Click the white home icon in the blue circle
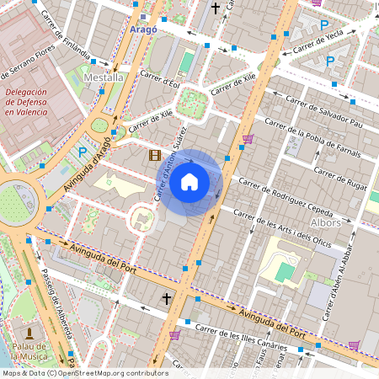pos(189,181)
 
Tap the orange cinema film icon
pos(154,154)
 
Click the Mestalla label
pos(104,77)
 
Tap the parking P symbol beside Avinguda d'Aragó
pos(83,152)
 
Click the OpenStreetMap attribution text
pos(84,373)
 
